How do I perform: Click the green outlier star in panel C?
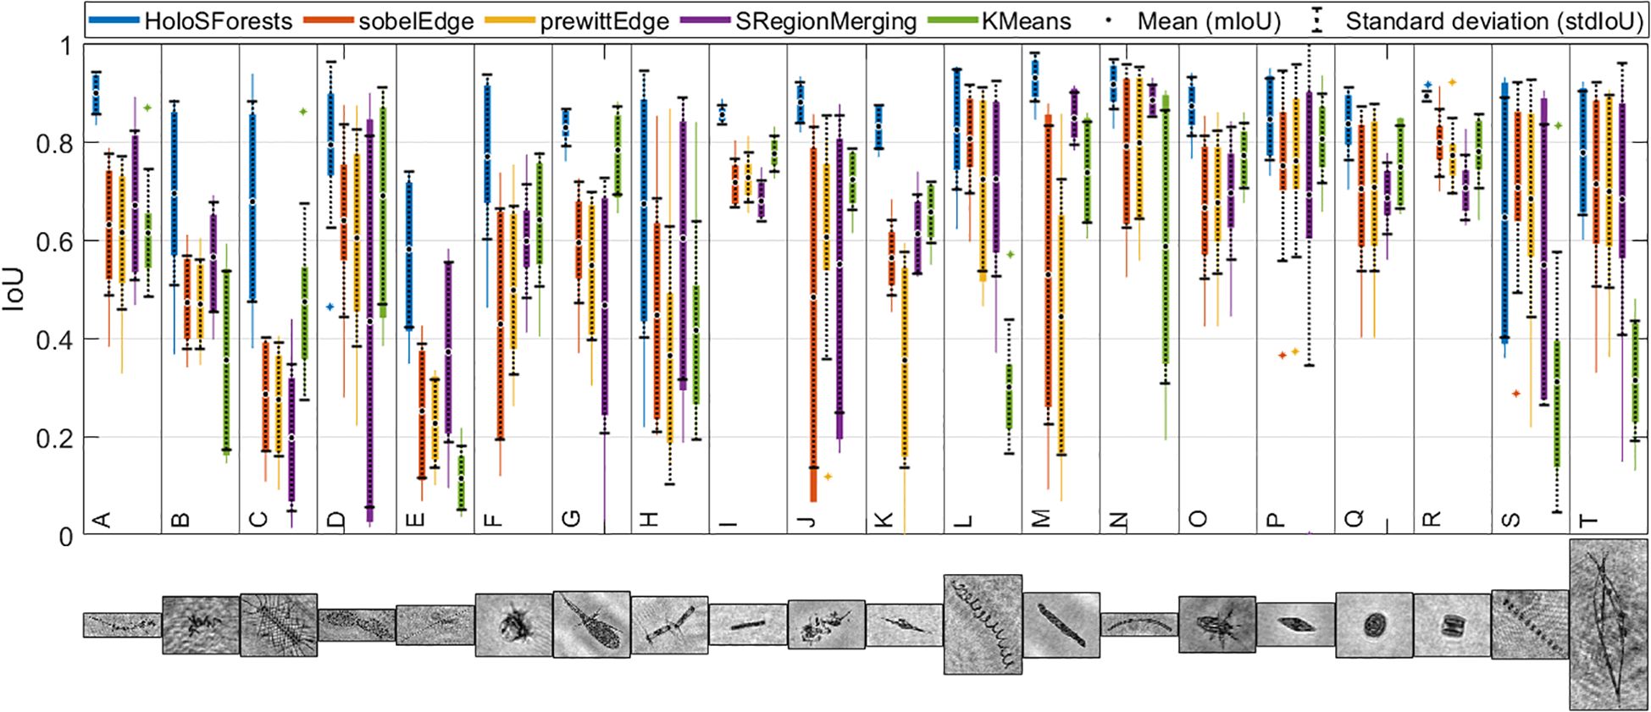click(302, 112)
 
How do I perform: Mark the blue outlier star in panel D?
click(330, 306)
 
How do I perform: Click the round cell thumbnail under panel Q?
click(1374, 626)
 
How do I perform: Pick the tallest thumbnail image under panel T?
click(1608, 624)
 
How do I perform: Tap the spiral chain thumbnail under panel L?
click(983, 624)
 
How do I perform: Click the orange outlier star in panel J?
click(828, 477)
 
